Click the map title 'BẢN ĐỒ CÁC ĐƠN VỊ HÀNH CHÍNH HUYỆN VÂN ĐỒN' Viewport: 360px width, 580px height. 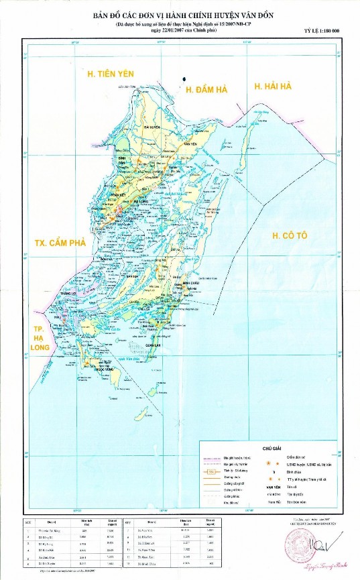click(180, 13)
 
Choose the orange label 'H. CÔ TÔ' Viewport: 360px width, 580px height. click(289, 235)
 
